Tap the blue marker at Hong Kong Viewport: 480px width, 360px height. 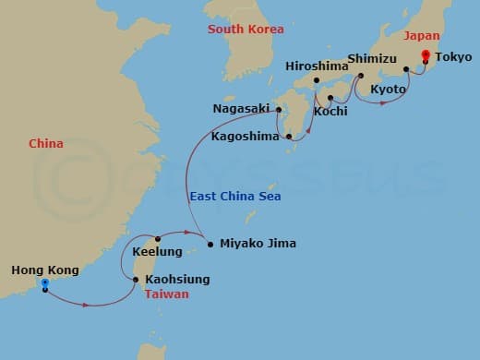(43, 283)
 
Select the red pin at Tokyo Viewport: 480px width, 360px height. (426, 57)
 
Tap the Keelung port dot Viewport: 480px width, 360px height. (158, 239)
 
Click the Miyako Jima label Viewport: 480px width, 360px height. (257, 245)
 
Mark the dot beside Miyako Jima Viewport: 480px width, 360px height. (210, 245)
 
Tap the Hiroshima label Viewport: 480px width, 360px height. (317, 66)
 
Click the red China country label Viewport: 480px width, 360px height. (47, 143)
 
